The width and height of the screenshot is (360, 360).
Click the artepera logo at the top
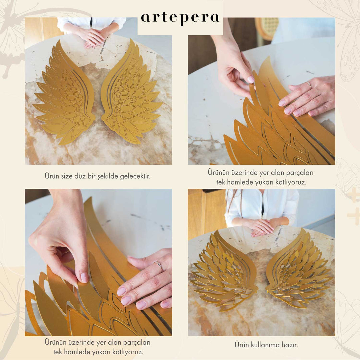(180, 19)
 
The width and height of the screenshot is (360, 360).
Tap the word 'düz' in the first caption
(80, 176)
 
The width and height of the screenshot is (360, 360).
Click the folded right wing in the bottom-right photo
(298, 269)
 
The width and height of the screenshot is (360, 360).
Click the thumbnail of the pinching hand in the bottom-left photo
(84, 278)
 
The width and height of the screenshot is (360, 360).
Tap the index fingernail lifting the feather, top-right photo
(250, 79)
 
